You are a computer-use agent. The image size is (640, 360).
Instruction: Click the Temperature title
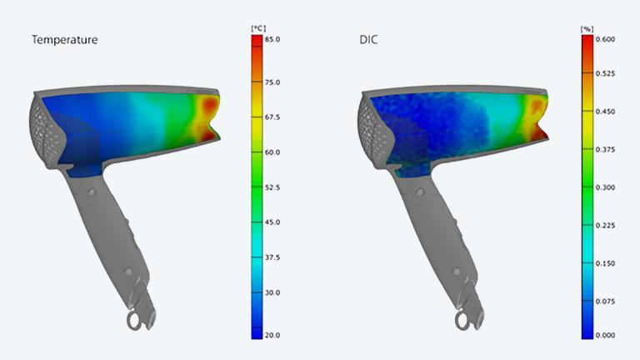click(x=64, y=39)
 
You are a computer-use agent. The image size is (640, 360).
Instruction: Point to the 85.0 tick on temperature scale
click(x=272, y=39)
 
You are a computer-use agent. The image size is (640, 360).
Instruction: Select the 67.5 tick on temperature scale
click(x=272, y=117)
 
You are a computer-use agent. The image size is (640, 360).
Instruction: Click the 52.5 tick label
click(x=272, y=187)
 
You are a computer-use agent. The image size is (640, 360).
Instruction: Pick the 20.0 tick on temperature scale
click(x=272, y=335)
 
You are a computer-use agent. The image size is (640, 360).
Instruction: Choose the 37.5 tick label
click(x=272, y=257)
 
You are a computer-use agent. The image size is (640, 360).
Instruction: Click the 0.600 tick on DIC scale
click(x=606, y=39)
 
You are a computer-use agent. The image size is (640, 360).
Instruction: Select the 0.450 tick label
click(x=606, y=111)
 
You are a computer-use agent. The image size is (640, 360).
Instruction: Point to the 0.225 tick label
click(x=606, y=224)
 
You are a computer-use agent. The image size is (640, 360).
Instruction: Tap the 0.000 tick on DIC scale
click(x=606, y=335)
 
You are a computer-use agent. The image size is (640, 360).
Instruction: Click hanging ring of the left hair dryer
click(x=133, y=321)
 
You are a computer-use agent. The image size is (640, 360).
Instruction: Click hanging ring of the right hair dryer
click(x=462, y=321)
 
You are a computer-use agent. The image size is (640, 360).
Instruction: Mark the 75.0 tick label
click(x=272, y=82)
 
